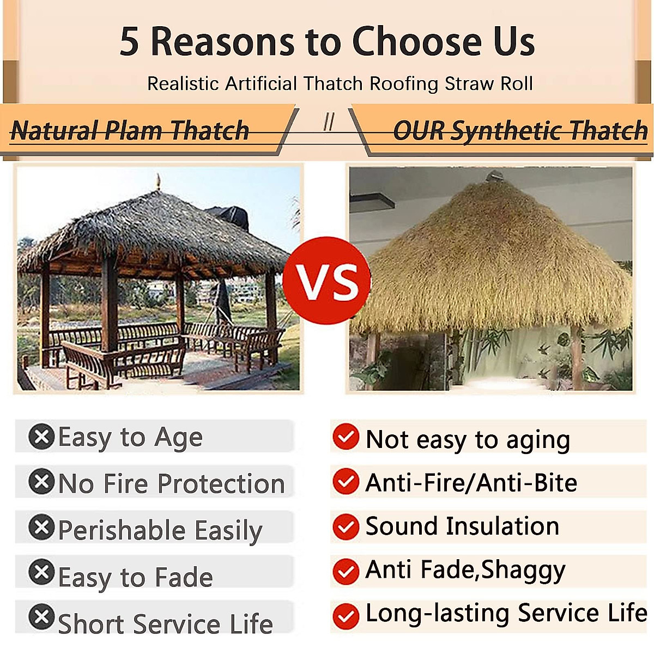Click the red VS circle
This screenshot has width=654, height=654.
(327, 281)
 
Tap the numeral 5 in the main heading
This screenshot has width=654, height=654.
(129, 42)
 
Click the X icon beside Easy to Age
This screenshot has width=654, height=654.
(41, 437)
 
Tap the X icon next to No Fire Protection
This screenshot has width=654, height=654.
(41, 482)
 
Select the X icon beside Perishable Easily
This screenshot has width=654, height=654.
(41, 527)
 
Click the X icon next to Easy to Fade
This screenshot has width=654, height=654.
(41, 572)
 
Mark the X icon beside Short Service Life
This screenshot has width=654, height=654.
(41, 617)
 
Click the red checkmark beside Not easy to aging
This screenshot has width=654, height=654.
(346, 437)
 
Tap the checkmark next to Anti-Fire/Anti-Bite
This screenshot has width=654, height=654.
(346, 481)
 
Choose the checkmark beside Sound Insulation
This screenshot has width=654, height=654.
(346, 526)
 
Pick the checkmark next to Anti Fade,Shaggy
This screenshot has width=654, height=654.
(346, 571)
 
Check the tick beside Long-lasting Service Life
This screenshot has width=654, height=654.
(346, 616)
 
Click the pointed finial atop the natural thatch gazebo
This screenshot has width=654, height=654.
(158, 181)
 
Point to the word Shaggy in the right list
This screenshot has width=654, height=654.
(523, 571)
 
